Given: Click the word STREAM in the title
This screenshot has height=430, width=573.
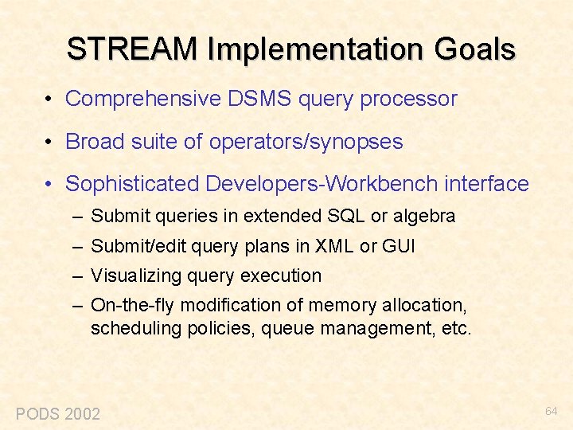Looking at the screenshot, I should tap(133, 49).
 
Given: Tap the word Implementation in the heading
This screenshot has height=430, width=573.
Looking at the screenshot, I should tap(319, 49).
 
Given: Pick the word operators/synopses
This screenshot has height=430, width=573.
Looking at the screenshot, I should tap(306, 142).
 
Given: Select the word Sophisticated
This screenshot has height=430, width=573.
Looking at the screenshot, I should tap(132, 184).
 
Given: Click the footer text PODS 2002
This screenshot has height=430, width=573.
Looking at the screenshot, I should tap(58, 413).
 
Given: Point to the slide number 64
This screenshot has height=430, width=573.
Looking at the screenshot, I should tap(551, 411).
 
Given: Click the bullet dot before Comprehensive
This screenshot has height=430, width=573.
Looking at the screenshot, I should tap(49, 100).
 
